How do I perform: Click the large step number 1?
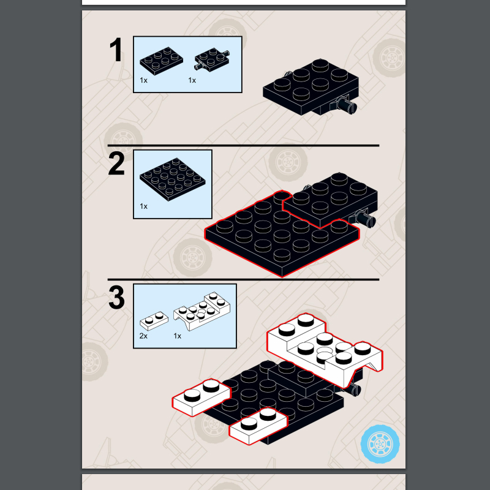(116, 50)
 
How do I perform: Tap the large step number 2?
(116, 164)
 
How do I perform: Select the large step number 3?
(116, 297)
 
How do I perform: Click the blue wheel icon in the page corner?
(380, 443)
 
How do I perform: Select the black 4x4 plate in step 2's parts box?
(173, 179)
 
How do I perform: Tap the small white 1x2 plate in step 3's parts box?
(154, 320)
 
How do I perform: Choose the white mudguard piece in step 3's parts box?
(202, 311)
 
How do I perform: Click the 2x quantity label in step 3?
(143, 336)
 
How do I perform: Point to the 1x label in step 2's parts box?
(143, 206)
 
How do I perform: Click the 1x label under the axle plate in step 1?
(192, 80)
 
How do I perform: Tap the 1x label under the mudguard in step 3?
(177, 336)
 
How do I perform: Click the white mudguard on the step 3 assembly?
(325, 349)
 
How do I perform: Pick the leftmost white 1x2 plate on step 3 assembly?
(202, 397)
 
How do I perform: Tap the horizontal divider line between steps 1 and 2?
(243, 146)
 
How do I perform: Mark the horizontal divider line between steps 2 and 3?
(243, 279)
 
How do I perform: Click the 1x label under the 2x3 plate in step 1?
(143, 80)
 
